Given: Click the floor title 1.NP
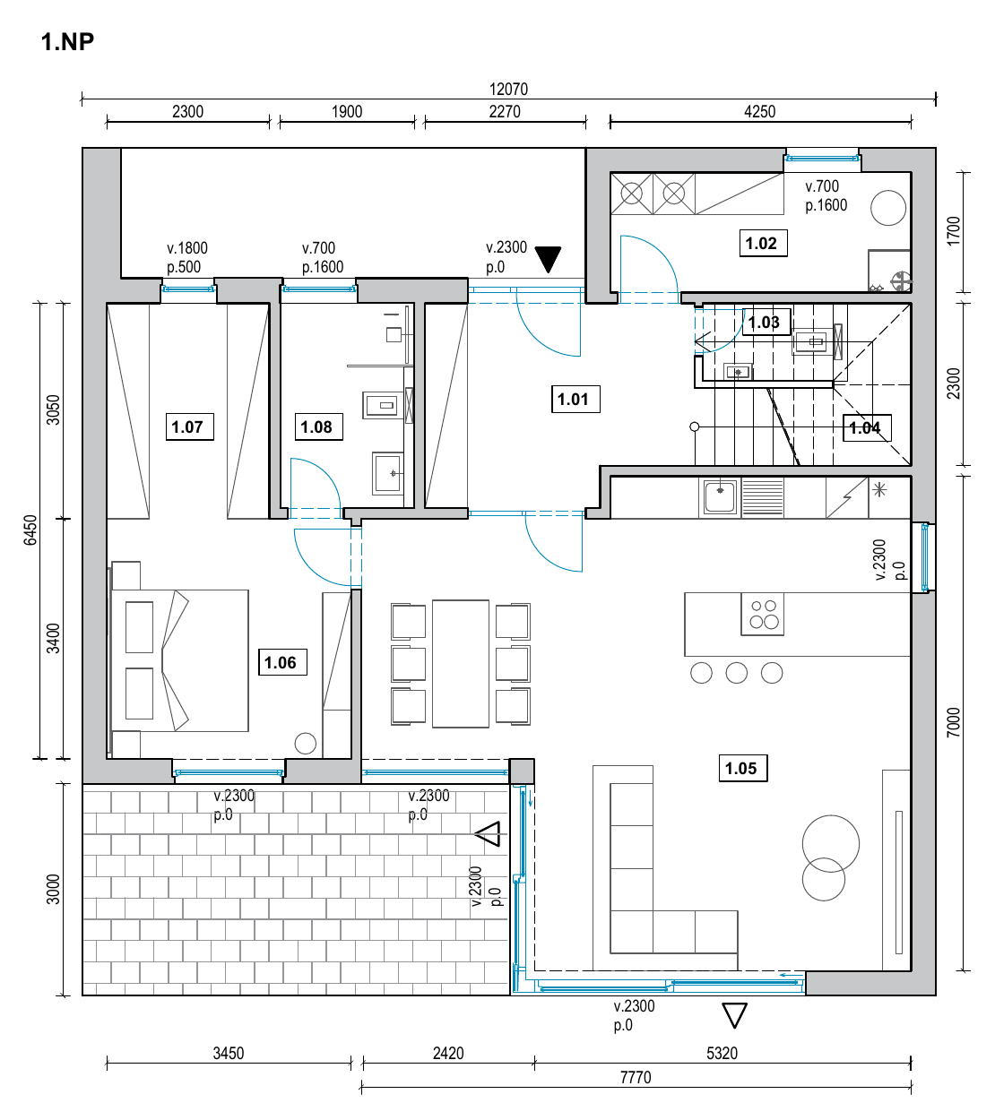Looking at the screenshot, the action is tap(67, 41).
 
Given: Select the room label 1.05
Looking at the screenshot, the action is tap(742, 768).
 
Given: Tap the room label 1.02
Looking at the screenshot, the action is tap(763, 243).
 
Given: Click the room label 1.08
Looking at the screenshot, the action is tap(318, 426).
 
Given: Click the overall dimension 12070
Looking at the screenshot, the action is tap(508, 89).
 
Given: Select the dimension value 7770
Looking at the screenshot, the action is tap(636, 1077).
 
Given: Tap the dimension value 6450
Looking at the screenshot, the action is tap(30, 530).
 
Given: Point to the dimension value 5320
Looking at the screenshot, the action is tap(722, 1053).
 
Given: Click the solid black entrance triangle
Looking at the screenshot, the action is tap(548, 259).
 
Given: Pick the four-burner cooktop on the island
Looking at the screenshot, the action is tap(762, 614).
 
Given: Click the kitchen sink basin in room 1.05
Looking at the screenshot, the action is tap(719, 497).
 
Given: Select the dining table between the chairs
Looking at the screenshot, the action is tap(460, 663).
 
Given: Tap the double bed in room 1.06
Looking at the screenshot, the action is tap(179, 660).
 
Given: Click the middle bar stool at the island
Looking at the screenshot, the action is tap(736, 673).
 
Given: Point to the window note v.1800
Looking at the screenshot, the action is tap(187, 247).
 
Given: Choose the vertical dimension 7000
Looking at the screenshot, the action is tap(953, 722).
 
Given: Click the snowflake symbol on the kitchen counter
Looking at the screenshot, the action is tap(879, 490).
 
